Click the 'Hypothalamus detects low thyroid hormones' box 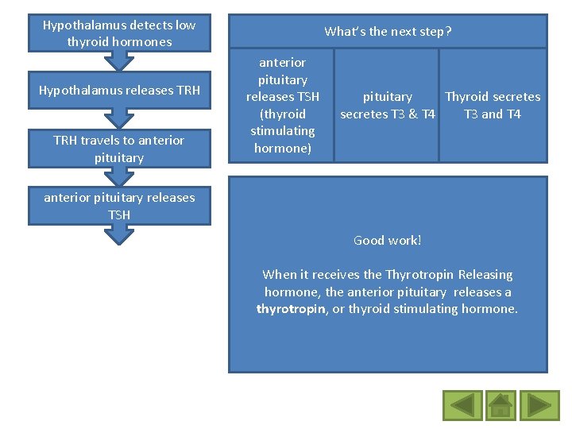click(119, 33)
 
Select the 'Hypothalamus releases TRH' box click(119, 90)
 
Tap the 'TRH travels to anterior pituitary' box click(119, 149)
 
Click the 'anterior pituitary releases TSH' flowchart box click(119, 206)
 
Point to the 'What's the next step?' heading click(388, 32)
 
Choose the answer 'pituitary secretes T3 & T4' click(388, 106)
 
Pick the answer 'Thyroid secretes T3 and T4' click(493, 106)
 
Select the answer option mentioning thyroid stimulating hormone click(282, 106)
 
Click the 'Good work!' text click(388, 240)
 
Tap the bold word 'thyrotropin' click(290, 309)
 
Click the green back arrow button click(462, 404)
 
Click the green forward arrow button click(544, 404)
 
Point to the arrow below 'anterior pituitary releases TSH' click(119, 233)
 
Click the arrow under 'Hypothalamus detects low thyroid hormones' click(119, 60)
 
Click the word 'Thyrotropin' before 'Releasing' click(419, 275)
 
